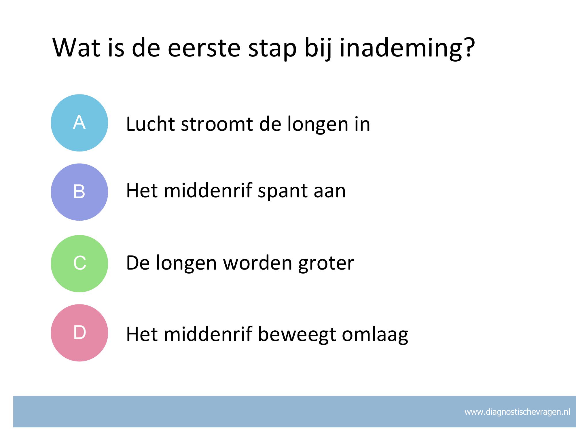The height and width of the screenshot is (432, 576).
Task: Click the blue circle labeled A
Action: click(x=79, y=123)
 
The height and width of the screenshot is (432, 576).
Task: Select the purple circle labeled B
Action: click(x=79, y=192)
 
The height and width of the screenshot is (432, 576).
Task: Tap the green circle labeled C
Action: click(x=79, y=264)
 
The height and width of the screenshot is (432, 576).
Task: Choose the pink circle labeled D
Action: click(x=79, y=333)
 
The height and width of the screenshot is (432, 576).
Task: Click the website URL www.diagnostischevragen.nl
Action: click(x=517, y=412)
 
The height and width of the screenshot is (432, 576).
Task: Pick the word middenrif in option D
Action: click(x=207, y=334)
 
